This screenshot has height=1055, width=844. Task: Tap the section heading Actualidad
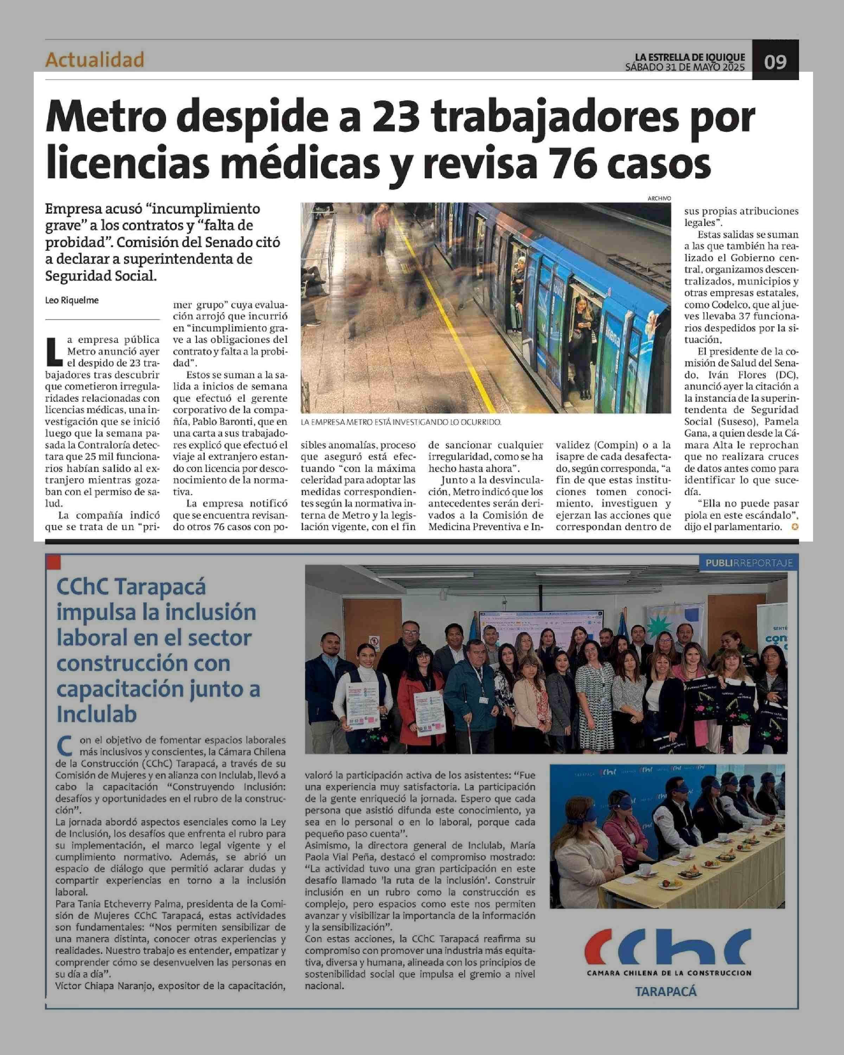pos(95,60)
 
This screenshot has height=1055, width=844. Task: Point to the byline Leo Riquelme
pos(72,300)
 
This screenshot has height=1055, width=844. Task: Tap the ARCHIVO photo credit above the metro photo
pos(659,198)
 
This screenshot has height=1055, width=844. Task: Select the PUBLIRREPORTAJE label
pos(749,563)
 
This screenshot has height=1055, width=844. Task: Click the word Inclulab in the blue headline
pos(96,715)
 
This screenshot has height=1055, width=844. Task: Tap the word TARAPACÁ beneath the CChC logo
pos(665,991)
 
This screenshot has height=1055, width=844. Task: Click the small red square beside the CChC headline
pos(52,562)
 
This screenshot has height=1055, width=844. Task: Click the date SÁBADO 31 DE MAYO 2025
pos(685,67)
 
